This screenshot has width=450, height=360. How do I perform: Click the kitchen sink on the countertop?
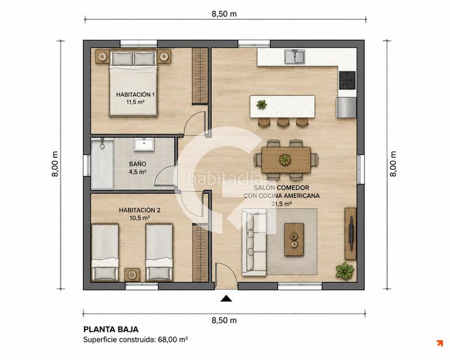point(295,56)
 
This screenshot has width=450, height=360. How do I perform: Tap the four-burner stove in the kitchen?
point(347,80)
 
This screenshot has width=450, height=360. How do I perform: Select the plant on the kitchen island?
point(261,104)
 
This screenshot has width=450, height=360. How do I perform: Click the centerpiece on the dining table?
point(285,160)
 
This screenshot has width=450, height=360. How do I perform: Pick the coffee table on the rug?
point(294,239)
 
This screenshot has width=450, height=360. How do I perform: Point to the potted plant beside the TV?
point(344,271)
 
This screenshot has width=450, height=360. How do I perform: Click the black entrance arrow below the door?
point(226,299)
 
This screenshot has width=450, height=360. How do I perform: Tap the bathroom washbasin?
point(145,144)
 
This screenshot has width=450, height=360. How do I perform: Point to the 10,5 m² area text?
point(139,218)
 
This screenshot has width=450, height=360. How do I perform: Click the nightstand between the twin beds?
point(132,275)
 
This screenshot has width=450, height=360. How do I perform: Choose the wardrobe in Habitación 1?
point(200,76)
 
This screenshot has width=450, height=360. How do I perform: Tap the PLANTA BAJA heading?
point(111,329)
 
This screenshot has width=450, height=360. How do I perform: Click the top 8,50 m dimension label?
point(224,14)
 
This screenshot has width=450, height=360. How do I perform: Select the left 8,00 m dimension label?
point(55,164)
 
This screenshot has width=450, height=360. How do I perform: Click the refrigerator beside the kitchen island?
point(346,107)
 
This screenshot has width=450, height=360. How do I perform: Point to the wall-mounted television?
point(351,233)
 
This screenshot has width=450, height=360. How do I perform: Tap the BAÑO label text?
point(137,164)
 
